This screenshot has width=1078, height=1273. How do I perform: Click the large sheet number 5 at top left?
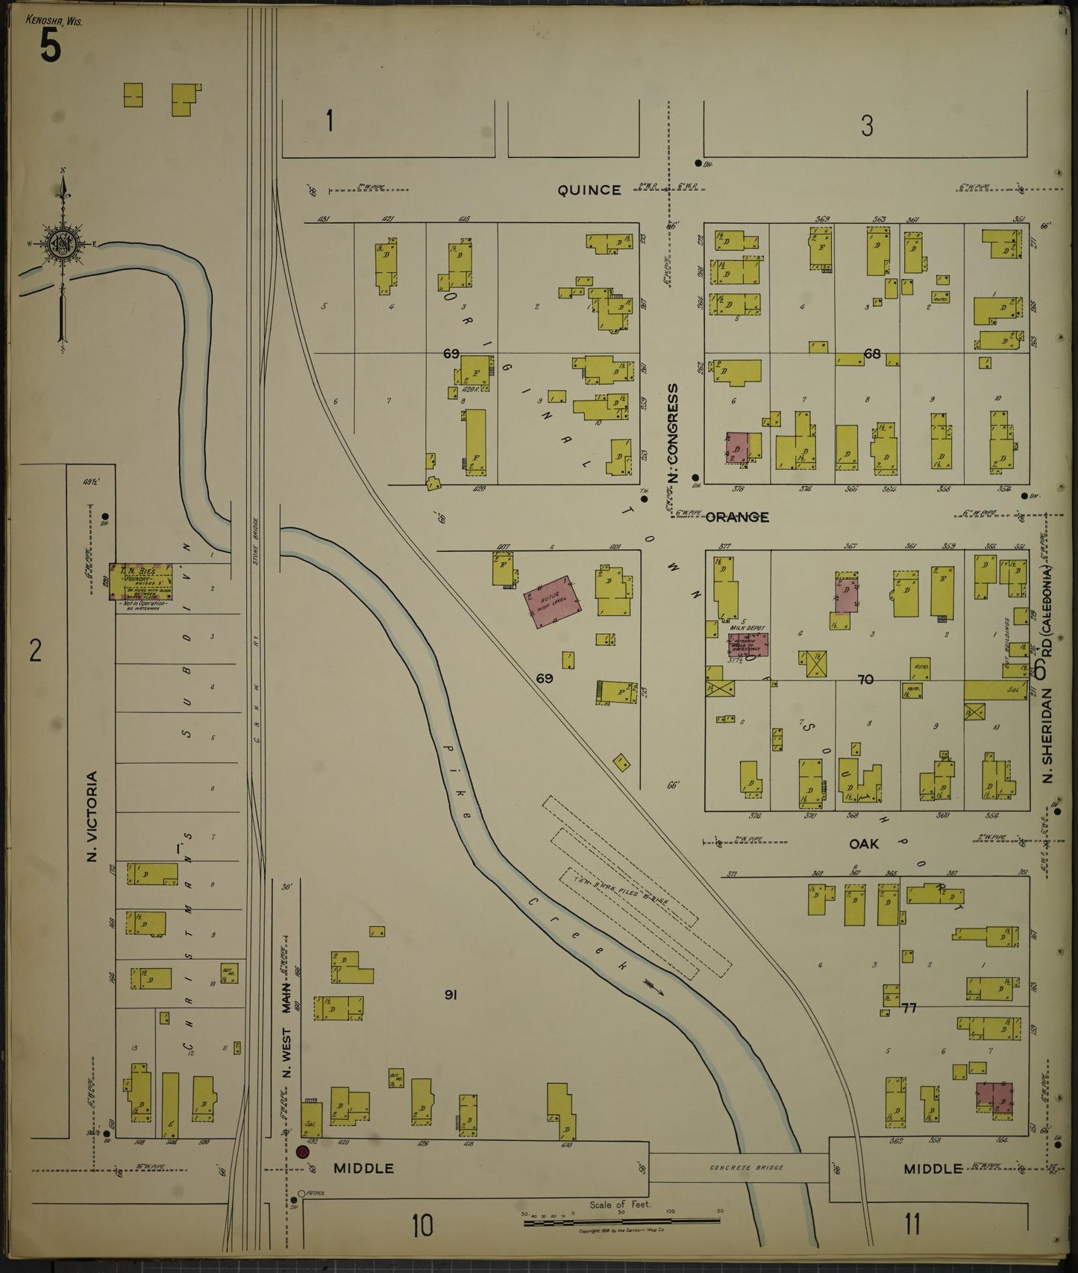click(49, 48)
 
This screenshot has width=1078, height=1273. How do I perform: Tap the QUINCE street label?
click(589, 190)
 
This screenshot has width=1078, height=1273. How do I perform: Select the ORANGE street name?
click(736, 517)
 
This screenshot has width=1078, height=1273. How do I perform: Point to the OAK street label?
click(864, 844)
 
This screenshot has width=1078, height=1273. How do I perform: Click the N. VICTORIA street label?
click(93, 817)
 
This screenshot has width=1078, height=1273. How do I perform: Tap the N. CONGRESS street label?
click(672, 433)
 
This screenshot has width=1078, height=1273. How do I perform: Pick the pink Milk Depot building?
click(748, 645)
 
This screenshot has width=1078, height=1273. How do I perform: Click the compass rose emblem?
click(63, 243)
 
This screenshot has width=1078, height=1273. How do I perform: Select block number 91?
click(450, 994)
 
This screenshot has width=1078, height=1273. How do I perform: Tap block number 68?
click(871, 353)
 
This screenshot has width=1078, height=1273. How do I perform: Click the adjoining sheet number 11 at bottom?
click(912, 1224)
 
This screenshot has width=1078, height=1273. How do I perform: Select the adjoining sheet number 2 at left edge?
click(34, 651)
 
